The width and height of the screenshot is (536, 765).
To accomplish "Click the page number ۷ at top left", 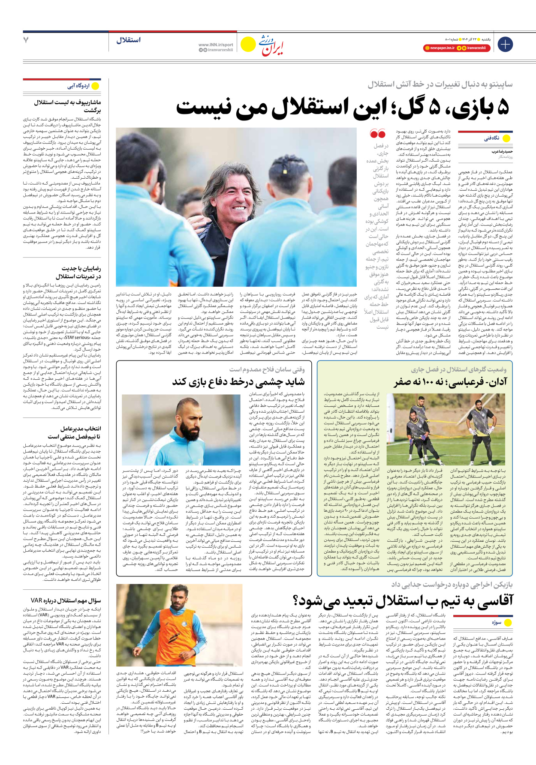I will tap(26, 40).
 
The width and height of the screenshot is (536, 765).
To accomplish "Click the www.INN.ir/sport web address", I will tap(216, 45).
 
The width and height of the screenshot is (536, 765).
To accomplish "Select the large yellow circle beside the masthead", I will tap(248, 44).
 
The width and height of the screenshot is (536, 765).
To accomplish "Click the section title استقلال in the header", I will tap(128, 40).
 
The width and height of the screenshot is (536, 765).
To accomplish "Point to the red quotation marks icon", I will tap(378, 134).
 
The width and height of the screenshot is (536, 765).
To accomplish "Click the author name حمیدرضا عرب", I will tap(502, 152).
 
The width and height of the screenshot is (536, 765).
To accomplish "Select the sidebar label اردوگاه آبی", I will tap(78, 86).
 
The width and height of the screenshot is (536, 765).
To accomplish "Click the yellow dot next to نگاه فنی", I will tap(506, 138).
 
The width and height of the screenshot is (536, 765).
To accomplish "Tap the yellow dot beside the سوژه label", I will tap(508, 622).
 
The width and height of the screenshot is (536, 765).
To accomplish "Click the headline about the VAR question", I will tap(66, 600).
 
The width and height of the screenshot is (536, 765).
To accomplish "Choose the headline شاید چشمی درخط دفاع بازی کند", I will tap(238, 381).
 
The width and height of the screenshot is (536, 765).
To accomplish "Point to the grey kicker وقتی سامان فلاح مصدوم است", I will tap(267, 369).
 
